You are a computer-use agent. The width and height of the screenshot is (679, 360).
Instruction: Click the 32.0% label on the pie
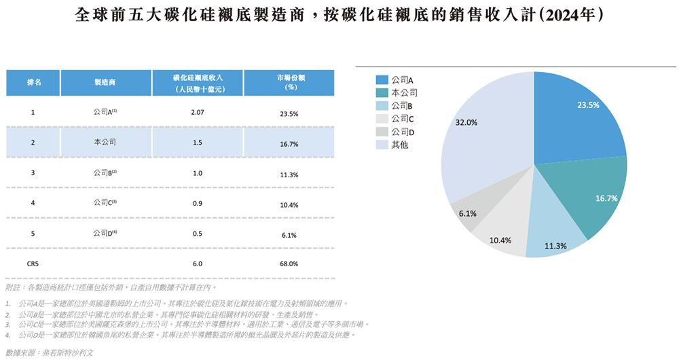click(x=466, y=123)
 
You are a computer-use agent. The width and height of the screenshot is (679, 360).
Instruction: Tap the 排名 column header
click(x=33, y=82)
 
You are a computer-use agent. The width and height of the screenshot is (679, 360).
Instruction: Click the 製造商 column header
click(x=105, y=82)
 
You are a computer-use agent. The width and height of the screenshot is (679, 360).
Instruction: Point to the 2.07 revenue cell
click(x=198, y=113)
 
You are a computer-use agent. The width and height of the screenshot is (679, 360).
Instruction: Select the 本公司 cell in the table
click(x=105, y=143)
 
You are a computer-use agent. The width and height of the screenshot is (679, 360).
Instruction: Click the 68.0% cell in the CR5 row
click(x=289, y=264)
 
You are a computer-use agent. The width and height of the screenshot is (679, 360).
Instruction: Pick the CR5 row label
click(x=33, y=264)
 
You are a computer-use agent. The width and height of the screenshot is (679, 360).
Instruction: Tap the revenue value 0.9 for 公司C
click(x=198, y=204)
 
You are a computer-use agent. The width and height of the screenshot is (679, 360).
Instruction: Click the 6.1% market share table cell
click(x=289, y=235)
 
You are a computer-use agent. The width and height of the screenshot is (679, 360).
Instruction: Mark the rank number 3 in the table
click(x=33, y=173)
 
